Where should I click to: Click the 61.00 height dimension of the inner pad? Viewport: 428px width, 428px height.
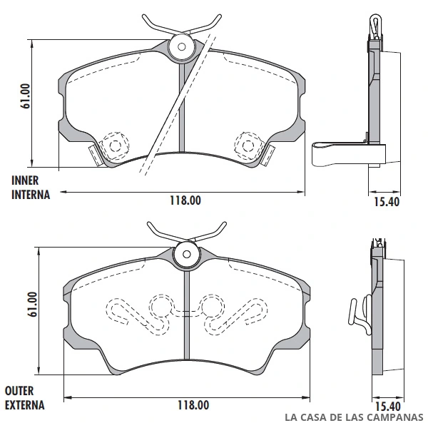pyautogui.click(x=25, y=96)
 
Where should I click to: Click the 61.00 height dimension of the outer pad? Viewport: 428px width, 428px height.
pyautogui.click(x=32, y=304)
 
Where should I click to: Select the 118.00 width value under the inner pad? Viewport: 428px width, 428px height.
pyautogui.click(x=185, y=200)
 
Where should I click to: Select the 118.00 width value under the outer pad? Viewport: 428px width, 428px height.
pyautogui.click(x=193, y=405)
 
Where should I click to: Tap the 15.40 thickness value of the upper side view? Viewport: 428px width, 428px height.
pyautogui.click(x=387, y=202)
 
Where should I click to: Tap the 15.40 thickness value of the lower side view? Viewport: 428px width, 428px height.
pyautogui.click(x=388, y=407)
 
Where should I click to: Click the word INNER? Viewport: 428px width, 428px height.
pyautogui.click(x=25, y=180)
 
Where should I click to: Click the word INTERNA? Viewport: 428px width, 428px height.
pyautogui.click(x=31, y=195)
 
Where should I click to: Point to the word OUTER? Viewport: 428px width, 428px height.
pyautogui.click(x=19, y=391)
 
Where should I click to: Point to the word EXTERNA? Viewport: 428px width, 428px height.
pyautogui.click(x=25, y=405)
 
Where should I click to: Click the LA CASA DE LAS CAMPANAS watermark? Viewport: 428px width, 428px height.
pyautogui.click(x=354, y=417)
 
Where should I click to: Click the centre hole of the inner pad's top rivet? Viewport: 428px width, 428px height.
pyautogui.click(x=181, y=46)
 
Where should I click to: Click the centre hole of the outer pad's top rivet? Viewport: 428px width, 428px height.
pyautogui.click(x=187, y=255)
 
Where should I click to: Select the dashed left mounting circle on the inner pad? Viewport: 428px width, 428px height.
pyautogui.click(x=115, y=146)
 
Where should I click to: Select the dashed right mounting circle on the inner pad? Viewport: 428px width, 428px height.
pyautogui.click(x=248, y=146)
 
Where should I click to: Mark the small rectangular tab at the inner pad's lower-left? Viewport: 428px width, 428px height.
pyautogui.click(x=96, y=155)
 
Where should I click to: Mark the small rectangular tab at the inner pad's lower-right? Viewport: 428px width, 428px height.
pyautogui.click(x=268, y=155)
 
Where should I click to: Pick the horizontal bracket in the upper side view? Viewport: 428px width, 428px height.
pyautogui.click(x=349, y=155)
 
